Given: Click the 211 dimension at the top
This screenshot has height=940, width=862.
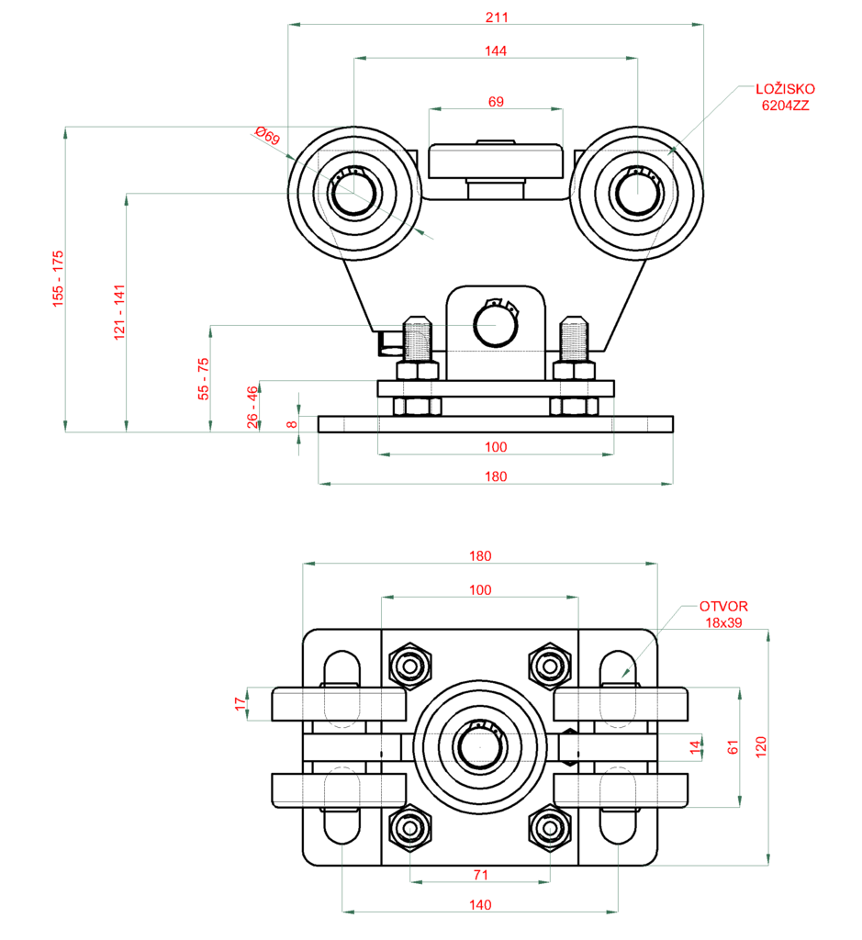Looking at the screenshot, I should tap(496, 17).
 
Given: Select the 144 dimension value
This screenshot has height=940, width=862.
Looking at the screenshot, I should tap(496, 50).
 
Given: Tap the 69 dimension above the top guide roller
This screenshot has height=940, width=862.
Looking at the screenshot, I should tap(496, 102).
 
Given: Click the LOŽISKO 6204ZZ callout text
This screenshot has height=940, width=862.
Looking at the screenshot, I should tap(785, 97).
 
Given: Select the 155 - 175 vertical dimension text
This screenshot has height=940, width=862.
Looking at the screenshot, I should tap(57, 277).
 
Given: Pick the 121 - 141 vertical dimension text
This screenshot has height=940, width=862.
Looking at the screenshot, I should tap(118, 313).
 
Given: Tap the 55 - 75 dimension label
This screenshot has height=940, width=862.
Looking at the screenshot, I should tap(204, 377).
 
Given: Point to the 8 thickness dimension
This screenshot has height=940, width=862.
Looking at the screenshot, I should tap(291, 423).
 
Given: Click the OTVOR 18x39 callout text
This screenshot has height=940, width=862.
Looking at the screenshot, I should tap(723, 614).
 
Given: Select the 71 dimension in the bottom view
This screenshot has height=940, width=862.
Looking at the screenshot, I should tap(480, 875).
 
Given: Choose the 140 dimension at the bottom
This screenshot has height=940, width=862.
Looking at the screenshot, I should tap(480, 904).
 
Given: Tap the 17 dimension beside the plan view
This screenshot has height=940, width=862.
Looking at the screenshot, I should tap(241, 704).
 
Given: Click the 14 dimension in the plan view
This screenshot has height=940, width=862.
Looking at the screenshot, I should tap(695, 748).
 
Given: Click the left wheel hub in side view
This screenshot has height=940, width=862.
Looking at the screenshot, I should tap(353, 194).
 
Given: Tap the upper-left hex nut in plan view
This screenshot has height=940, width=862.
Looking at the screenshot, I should tap(410, 664).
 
